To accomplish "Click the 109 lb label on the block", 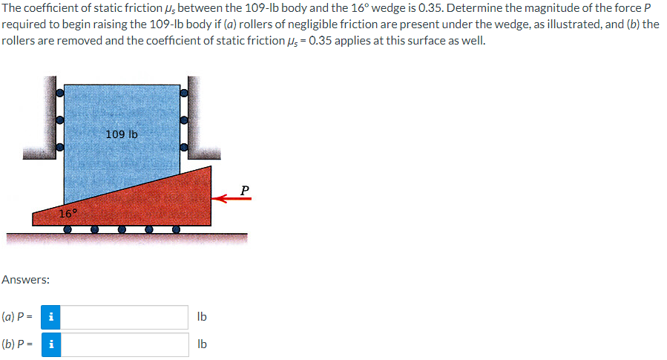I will pyautogui.click(x=122, y=135).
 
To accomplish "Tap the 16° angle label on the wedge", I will pyautogui.click(x=68, y=214).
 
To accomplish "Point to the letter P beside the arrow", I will pyautogui.click(x=245, y=190).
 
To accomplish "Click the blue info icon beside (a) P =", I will pyautogui.click(x=51, y=317).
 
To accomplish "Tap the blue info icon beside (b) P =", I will pyautogui.click(x=51, y=344).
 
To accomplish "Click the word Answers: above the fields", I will pyautogui.click(x=26, y=280).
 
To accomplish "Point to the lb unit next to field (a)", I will pyautogui.click(x=202, y=317).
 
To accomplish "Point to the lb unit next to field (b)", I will pyautogui.click(x=202, y=344).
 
